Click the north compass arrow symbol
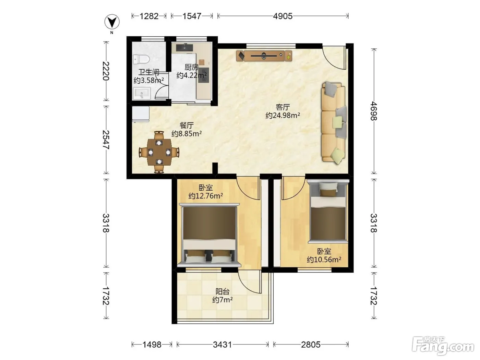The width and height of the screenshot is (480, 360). [112, 22]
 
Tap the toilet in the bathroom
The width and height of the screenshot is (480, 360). [141, 59]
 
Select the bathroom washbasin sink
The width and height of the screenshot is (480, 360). [142, 94]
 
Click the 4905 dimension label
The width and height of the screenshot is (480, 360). [283, 16]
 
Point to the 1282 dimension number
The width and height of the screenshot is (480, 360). [149, 16]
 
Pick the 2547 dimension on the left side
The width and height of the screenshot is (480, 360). [106, 140]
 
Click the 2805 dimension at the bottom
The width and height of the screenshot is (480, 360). [311, 345]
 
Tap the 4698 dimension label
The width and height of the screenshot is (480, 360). [373, 111]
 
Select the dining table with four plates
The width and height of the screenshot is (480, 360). [159, 152]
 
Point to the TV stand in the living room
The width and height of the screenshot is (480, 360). [264, 56]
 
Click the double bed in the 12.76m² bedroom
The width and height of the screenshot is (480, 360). [209, 235]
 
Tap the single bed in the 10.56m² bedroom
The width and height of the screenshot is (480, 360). [328, 211]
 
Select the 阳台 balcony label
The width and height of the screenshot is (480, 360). [223, 291]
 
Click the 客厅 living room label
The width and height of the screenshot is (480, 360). [283, 107]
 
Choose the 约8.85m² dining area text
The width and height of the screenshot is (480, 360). [187, 133]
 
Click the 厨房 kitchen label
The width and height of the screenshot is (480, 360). [192, 67]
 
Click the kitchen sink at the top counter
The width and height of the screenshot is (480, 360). [184, 47]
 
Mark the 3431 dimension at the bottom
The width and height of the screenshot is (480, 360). [223, 345]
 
